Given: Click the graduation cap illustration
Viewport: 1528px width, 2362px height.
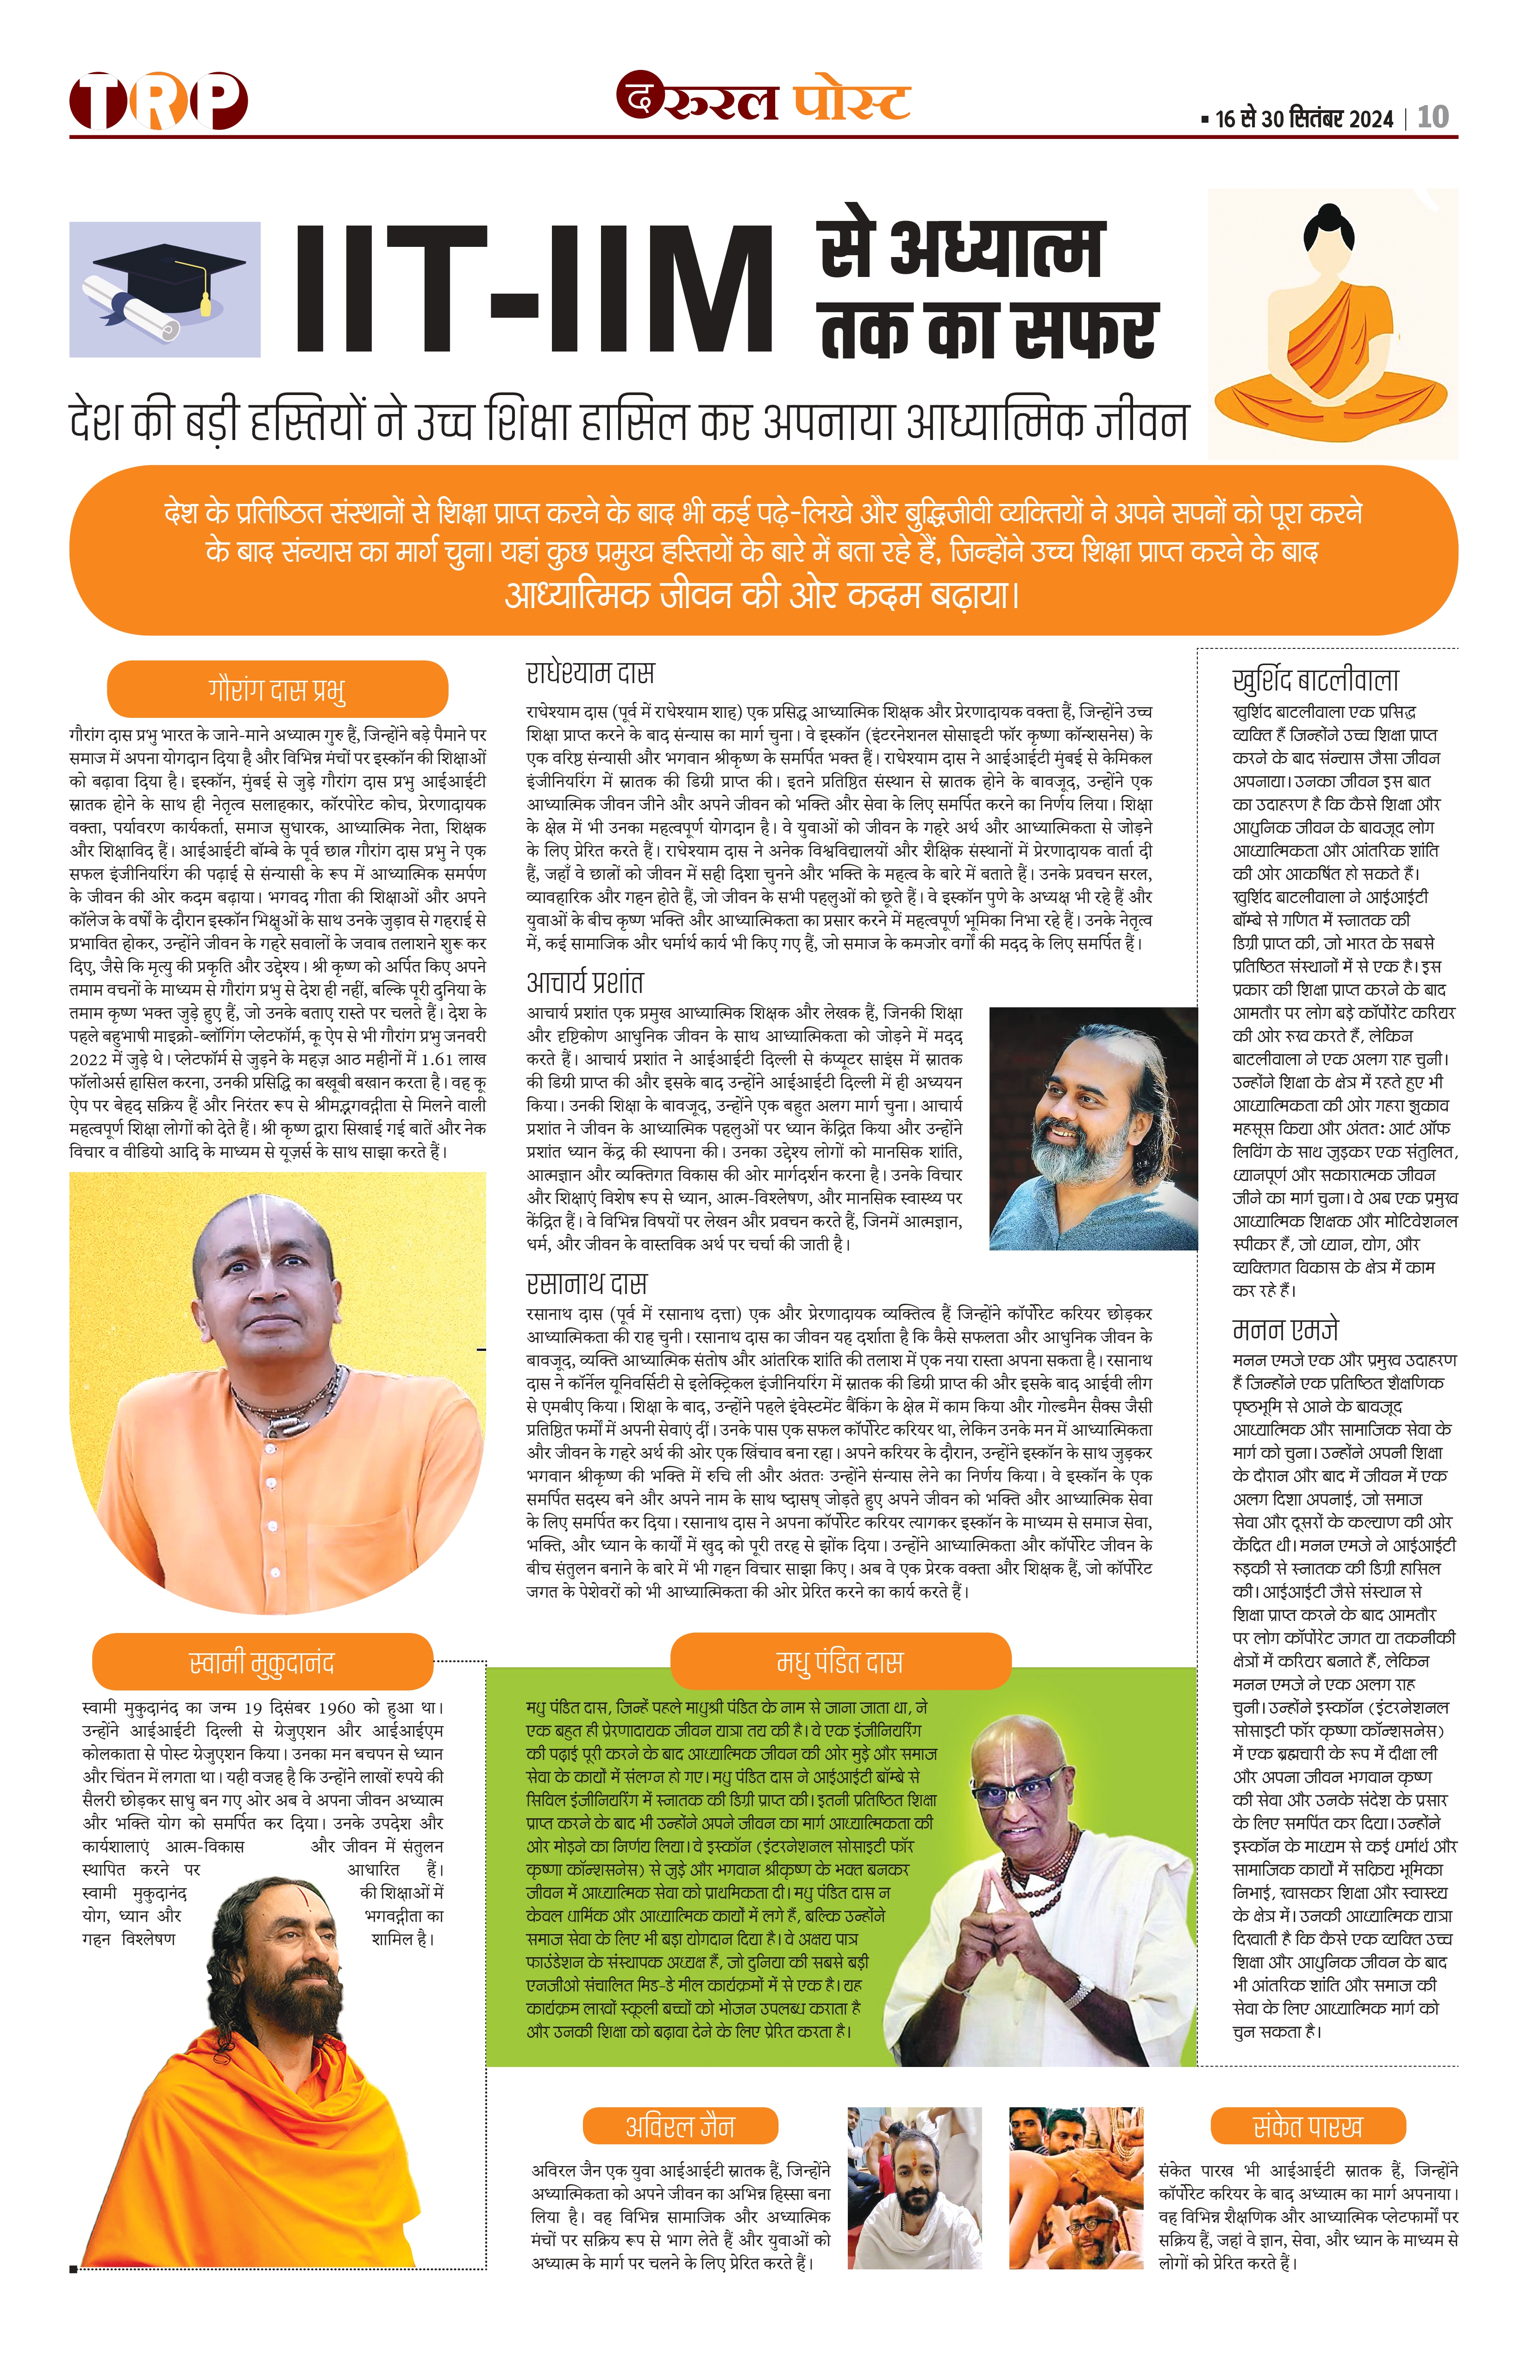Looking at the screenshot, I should pyautogui.click(x=165, y=288).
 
